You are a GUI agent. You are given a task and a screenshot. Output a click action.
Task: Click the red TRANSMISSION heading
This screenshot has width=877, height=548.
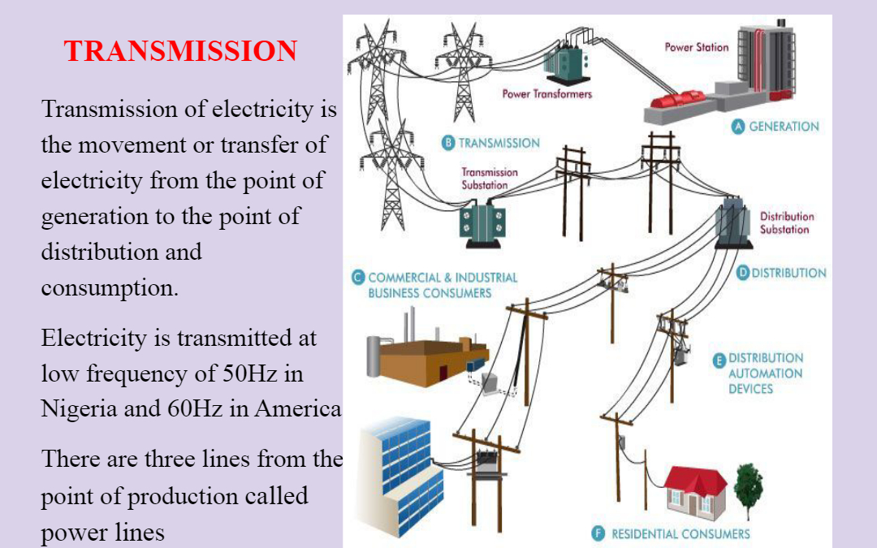(x=180, y=51)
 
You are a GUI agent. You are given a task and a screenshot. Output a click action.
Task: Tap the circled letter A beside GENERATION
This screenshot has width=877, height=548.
(x=738, y=127)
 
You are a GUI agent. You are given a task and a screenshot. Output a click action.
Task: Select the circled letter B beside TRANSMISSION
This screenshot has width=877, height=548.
(x=448, y=143)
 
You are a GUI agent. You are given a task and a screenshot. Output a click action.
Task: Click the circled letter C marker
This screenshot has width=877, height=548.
(x=358, y=278)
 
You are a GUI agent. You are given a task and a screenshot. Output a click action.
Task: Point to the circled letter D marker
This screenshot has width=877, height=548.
(x=742, y=273)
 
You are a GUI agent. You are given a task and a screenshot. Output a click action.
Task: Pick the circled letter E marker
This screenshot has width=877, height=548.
(x=719, y=360)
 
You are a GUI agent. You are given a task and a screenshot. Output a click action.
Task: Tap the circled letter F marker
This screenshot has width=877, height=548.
(x=598, y=533)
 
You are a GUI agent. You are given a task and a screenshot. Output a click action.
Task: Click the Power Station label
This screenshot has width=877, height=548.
(x=697, y=48)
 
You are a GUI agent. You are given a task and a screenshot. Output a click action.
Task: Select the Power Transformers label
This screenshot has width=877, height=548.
(x=547, y=94)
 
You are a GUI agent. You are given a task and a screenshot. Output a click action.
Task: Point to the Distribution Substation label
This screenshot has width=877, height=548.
(x=786, y=223)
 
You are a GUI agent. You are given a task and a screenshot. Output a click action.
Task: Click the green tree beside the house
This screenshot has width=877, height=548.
(x=749, y=488)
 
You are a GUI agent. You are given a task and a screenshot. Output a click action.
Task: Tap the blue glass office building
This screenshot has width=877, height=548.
(x=400, y=475)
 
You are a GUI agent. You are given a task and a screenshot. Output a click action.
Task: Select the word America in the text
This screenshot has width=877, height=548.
(x=297, y=408)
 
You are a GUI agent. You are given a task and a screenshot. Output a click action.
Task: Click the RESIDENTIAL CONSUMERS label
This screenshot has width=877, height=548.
(x=680, y=534)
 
